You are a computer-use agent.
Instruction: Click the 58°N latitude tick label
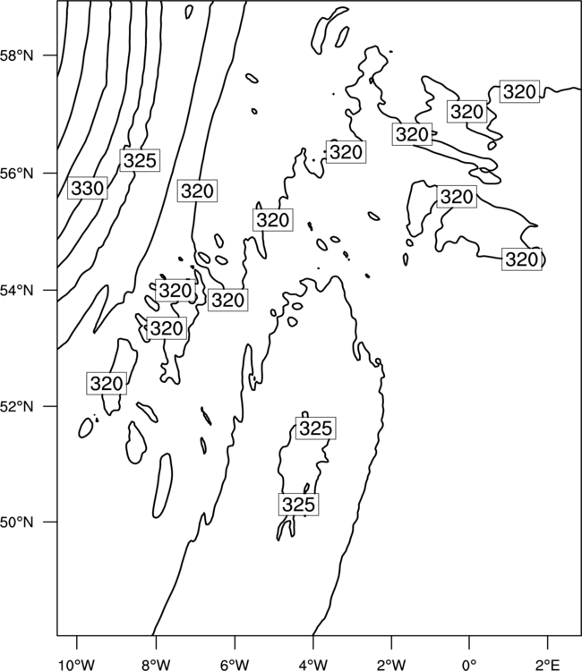(x=17, y=55)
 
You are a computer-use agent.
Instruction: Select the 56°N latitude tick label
(x=17, y=174)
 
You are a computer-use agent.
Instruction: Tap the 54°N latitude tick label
(x=17, y=291)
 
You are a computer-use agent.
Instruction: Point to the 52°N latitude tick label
(x=17, y=406)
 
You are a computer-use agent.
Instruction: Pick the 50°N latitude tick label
(x=17, y=522)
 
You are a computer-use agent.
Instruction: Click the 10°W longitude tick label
(x=77, y=665)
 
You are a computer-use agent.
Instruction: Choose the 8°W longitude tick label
(x=156, y=665)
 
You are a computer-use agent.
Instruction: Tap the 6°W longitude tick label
(x=235, y=665)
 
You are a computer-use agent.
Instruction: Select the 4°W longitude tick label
(x=313, y=665)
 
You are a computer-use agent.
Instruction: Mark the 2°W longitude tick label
(x=391, y=665)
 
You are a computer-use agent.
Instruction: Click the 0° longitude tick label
(x=469, y=665)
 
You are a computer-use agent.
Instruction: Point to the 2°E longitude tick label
(x=548, y=665)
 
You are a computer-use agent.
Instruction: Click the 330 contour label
(x=88, y=188)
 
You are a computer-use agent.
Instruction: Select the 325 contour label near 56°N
(x=140, y=160)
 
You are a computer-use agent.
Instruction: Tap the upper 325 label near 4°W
(x=316, y=428)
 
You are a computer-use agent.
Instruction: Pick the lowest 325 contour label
(x=298, y=505)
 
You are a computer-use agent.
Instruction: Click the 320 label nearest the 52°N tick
(x=107, y=384)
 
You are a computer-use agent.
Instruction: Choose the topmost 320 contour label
(x=519, y=91)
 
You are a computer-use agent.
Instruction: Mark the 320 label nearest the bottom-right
(x=522, y=259)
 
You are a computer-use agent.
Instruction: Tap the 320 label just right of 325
(x=197, y=191)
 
